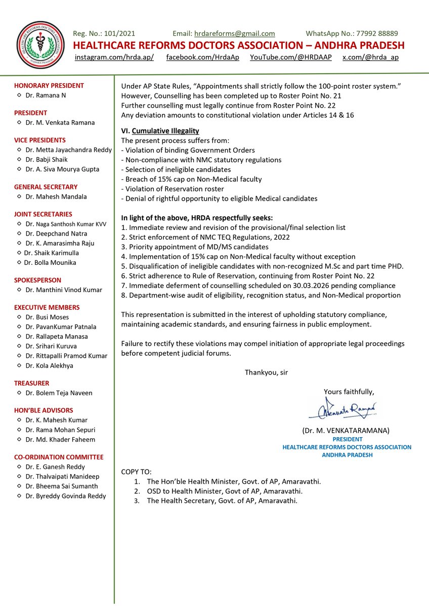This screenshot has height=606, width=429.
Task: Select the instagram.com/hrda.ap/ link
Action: [x=114, y=57]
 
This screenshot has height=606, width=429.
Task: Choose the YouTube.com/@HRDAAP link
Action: [x=291, y=57]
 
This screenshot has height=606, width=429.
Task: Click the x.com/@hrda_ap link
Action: [x=370, y=57]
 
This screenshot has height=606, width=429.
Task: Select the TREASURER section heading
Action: [x=32, y=383]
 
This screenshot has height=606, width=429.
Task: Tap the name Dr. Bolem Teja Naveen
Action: [x=59, y=393]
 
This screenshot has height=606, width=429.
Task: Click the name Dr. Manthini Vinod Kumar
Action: [x=64, y=290]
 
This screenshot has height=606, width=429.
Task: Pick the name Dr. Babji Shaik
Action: [x=46, y=159]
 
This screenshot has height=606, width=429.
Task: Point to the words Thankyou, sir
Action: [x=266, y=372]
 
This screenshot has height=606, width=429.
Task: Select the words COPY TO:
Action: [x=136, y=472]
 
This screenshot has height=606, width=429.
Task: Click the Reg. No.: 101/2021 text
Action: [x=105, y=33]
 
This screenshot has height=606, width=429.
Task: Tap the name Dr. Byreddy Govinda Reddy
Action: [x=66, y=496]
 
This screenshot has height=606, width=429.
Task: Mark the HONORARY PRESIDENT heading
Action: [x=49, y=85]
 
